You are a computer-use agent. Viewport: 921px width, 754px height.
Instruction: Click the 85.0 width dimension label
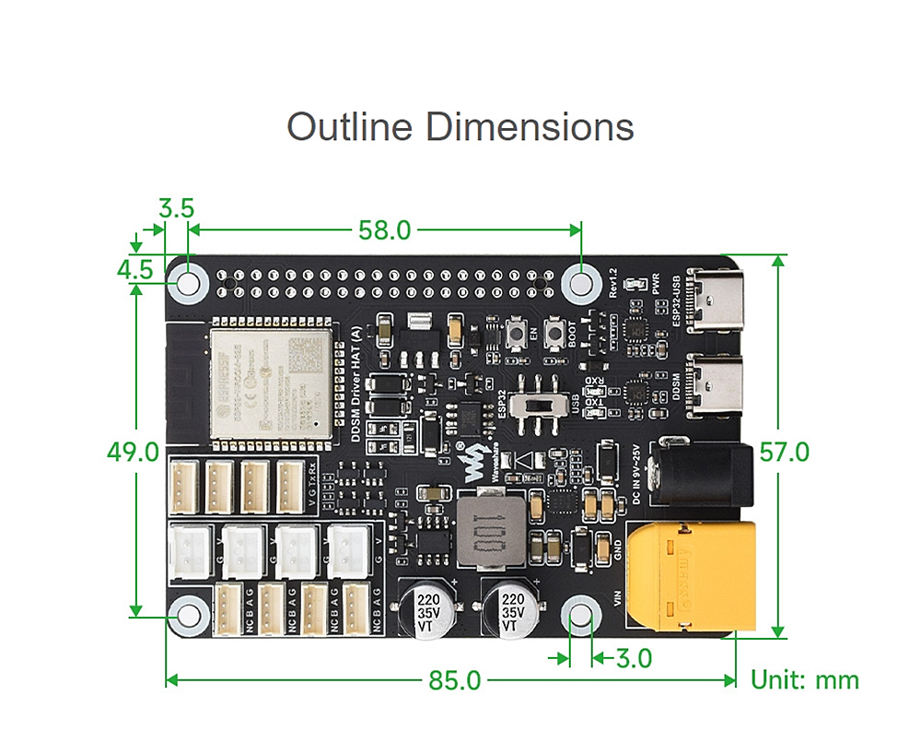click(x=455, y=681)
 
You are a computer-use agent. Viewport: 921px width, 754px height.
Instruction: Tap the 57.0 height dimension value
click(x=784, y=453)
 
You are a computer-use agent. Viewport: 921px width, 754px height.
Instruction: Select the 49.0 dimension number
click(x=133, y=453)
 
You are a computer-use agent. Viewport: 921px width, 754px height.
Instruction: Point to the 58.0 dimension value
click(x=385, y=230)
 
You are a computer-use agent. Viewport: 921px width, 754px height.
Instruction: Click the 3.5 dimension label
click(x=176, y=208)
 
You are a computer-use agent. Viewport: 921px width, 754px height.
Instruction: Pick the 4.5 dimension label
click(x=134, y=269)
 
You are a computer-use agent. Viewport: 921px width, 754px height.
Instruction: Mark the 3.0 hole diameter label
click(x=634, y=659)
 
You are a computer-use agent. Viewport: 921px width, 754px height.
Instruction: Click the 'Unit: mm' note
click(x=805, y=681)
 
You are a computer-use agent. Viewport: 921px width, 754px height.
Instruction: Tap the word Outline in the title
click(x=350, y=126)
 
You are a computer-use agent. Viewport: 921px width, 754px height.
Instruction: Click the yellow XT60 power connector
click(x=691, y=576)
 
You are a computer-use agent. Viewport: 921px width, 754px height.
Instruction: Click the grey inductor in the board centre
click(x=488, y=536)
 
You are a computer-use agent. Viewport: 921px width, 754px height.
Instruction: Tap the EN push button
click(x=520, y=335)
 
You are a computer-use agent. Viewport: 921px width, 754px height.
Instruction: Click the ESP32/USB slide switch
click(x=539, y=406)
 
